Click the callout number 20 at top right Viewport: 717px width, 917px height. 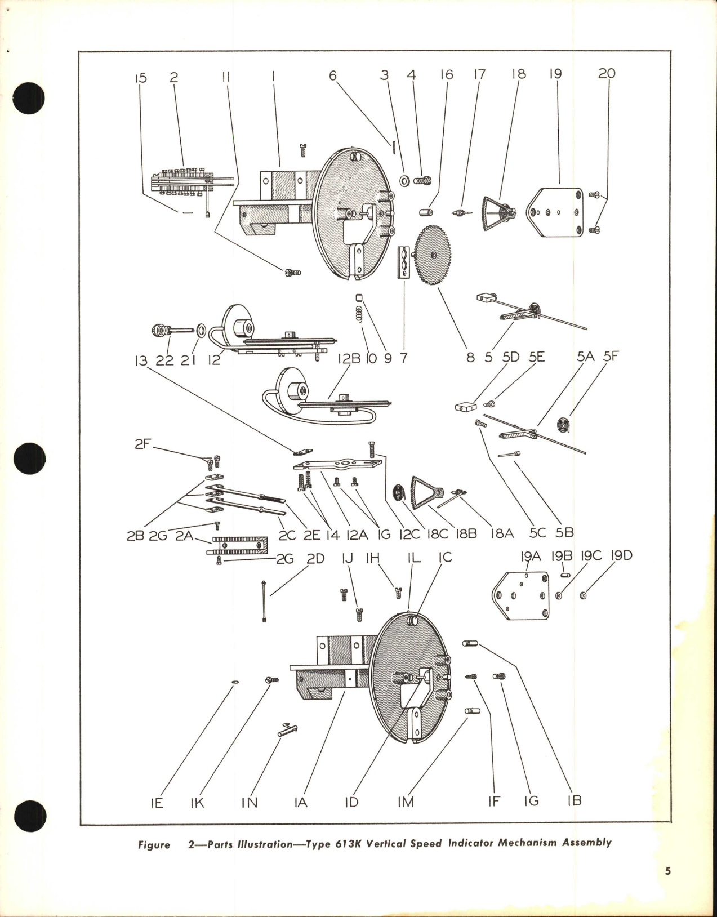click(607, 74)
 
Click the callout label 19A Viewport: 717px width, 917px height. click(531, 556)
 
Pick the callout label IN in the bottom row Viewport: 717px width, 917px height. click(250, 802)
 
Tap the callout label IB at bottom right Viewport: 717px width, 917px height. click(574, 800)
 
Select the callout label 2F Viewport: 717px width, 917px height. click(143, 445)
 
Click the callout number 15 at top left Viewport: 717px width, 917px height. click(140, 77)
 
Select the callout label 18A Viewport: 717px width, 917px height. click(501, 533)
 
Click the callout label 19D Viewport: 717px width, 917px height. click(621, 556)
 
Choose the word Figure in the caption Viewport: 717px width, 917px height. click(154, 845)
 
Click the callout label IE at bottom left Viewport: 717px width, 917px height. click(157, 802)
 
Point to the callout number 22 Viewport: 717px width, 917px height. click(164, 359)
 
